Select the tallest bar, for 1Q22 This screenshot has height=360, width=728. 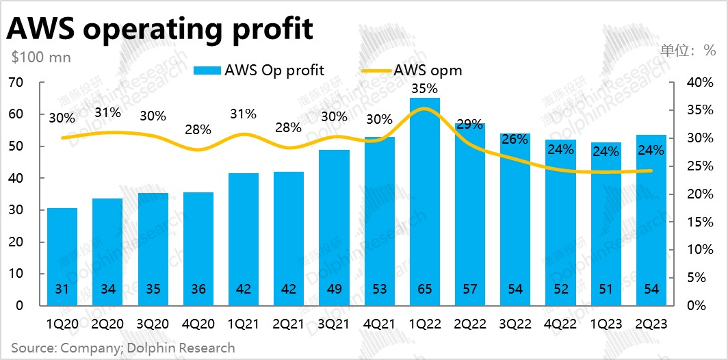click(x=425, y=205)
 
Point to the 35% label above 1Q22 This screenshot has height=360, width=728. click(x=425, y=88)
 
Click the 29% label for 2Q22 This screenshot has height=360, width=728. click(x=469, y=125)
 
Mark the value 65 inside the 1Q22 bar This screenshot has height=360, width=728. click(x=425, y=290)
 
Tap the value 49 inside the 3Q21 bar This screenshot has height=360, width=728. click(x=335, y=290)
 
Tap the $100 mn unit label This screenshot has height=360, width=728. click(x=40, y=57)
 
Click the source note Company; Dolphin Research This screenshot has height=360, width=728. click(x=122, y=348)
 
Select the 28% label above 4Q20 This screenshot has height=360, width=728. click(x=198, y=129)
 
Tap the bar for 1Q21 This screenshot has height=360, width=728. click(x=244, y=240)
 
